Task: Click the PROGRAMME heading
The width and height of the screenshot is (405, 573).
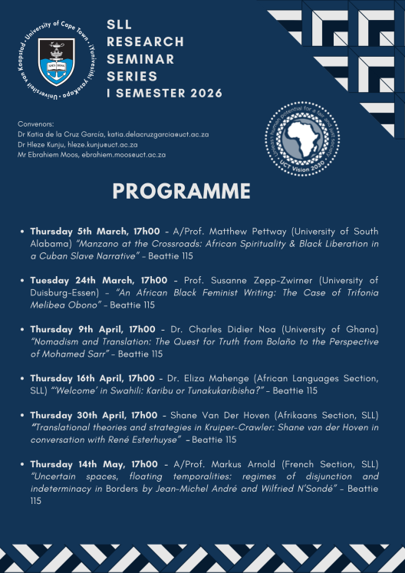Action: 181,190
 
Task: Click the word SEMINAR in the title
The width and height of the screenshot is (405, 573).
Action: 140,59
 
